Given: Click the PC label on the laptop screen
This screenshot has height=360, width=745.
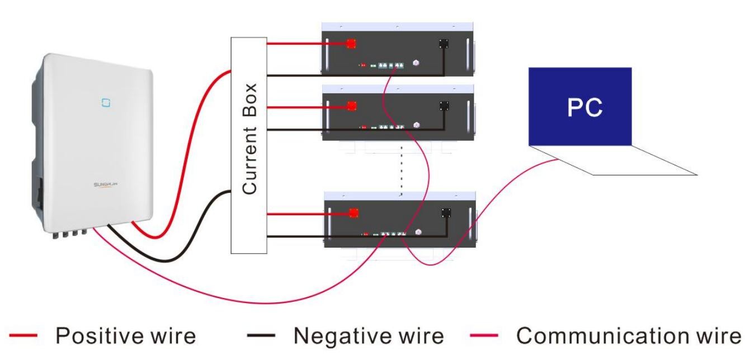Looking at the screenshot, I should pyautogui.click(x=582, y=108).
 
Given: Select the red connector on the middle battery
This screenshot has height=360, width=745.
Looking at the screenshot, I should pyautogui.click(x=352, y=105).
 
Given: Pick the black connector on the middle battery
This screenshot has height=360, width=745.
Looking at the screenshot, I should pyautogui.click(x=445, y=105).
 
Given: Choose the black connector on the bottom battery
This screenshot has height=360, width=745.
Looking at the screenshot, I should pyautogui.click(x=446, y=212).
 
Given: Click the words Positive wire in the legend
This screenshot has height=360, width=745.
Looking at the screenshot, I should pyautogui.click(x=125, y=336).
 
